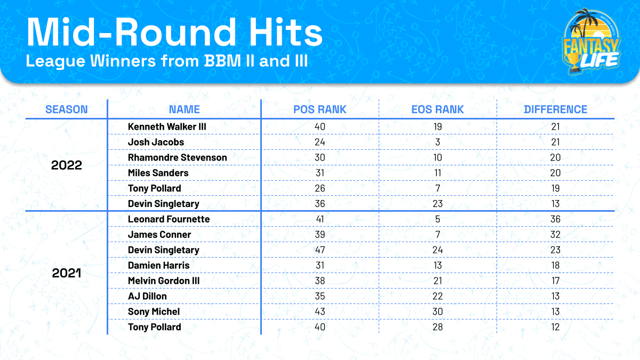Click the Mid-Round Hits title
(x=174, y=33)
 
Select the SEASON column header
(x=67, y=109)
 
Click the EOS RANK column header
(x=438, y=109)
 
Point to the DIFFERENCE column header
(x=555, y=109)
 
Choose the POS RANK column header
(x=320, y=109)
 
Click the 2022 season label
(x=67, y=165)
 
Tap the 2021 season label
(x=67, y=273)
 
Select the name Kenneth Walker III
(x=167, y=126)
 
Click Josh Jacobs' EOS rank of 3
(x=438, y=142)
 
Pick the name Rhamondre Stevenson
(x=177, y=157)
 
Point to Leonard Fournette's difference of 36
(x=555, y=219)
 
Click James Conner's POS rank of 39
(x=320, y=235)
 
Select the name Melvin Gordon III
(x=164, y=281)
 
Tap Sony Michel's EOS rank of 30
(x=438, y=311)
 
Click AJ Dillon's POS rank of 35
(x=320, y=296)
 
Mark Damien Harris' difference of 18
(x=555, y=266)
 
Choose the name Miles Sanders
(x=158, y=173)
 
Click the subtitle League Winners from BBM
(x=167, y=60)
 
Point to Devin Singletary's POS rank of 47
(x=320, y=250)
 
